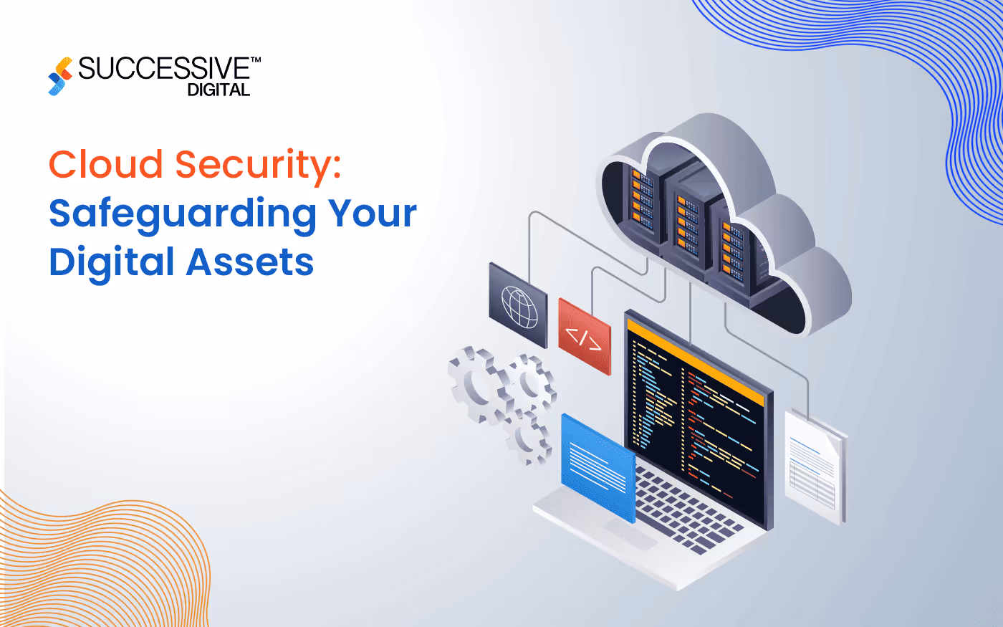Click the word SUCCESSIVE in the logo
pos(164,70)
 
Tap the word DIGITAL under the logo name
pos(219,90)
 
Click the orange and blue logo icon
pos(60,76)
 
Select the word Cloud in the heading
pos(106,164)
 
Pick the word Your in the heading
pos(373,214)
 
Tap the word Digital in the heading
pos(112,262)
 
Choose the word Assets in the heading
pos(250,262)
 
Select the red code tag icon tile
pos(585,336)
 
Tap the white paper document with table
pos(815,466)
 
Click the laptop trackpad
pos(630,534)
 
